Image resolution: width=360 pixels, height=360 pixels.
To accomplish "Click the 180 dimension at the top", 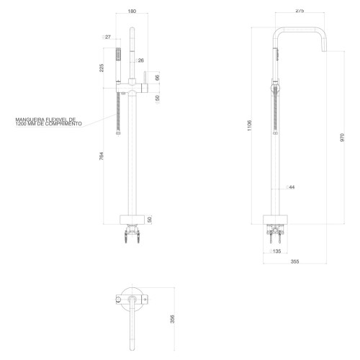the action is click(x=132, y=11).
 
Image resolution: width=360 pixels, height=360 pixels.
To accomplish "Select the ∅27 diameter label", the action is click(x=107, y=37).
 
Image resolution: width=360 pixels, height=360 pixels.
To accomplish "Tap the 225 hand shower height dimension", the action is click(x=102, y=68).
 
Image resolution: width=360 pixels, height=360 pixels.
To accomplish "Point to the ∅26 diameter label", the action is click(x=140, y=60).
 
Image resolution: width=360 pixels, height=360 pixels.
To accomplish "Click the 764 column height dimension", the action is click(x=102, y=156).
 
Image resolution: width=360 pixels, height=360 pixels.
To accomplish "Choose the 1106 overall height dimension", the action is click(x=250, y=125).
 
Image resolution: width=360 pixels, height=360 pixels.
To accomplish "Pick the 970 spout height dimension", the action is click(x=342, y=138).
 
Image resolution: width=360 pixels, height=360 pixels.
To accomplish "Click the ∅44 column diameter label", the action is click(x=290, y=187).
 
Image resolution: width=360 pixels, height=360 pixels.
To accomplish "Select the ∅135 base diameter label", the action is click(x=275, y=251).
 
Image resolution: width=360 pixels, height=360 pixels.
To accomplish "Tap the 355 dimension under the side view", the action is click(x=294, y=261).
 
